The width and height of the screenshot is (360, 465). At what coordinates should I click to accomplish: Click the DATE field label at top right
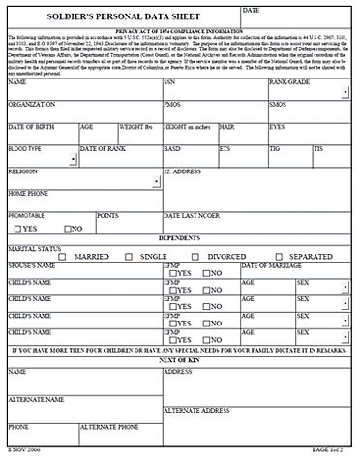point(251,10)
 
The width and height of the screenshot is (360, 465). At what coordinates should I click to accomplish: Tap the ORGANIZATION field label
point(31,104)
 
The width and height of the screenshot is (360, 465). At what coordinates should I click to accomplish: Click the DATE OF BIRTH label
point(32,127)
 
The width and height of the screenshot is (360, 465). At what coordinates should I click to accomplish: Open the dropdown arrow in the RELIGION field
point(155,181)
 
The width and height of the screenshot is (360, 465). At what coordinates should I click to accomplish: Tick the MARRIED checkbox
point(66,257)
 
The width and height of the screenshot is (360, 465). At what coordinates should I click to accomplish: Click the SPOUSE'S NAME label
point(32,265)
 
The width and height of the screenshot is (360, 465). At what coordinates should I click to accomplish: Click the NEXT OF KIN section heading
point(179,360)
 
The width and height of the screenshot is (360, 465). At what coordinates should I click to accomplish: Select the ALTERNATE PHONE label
point(108,426)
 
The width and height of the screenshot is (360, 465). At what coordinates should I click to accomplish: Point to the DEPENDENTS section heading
point(179,237)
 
